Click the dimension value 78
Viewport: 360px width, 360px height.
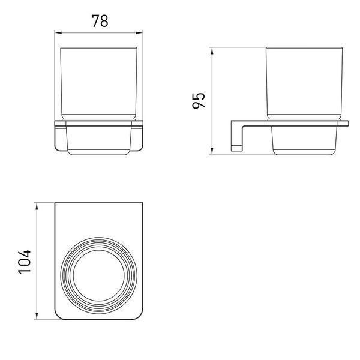[100, 21]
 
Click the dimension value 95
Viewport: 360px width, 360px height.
[199, 100]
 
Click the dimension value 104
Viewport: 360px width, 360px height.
[24, 261]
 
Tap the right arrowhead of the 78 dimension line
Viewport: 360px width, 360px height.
[139, 33]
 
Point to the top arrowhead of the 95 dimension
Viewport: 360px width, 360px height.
[212, 52]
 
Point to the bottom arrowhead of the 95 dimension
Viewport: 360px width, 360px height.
[212, 151]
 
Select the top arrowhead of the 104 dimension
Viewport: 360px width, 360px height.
[37, 206]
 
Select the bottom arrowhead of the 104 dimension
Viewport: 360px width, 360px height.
[37, 316]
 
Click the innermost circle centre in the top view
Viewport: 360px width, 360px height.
[99, 275]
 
